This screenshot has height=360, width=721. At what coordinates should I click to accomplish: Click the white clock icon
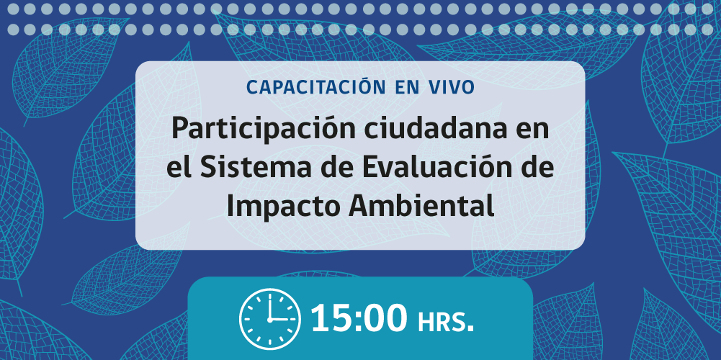(x=269, y=318)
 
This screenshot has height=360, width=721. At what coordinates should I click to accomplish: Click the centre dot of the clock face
(x=269, y=318)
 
